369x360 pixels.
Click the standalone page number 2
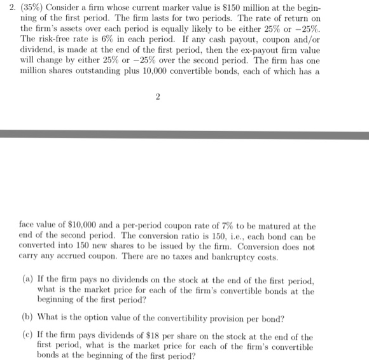157,96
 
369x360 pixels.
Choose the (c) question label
26,336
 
